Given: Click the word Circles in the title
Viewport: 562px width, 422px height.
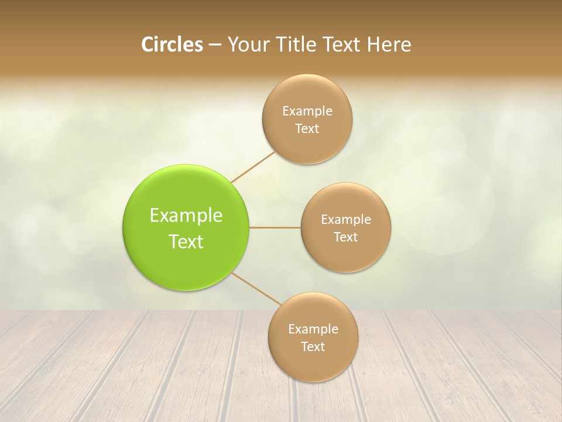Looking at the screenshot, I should [172, 45].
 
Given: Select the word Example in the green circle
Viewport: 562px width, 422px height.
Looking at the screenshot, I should [186, 216].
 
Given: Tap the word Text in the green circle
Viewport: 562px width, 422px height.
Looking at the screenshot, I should [186, 241].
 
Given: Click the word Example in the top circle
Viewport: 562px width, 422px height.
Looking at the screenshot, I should [307, 111].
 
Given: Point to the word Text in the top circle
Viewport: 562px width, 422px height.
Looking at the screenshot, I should [307, 128].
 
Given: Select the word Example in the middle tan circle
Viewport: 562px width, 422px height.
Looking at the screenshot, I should [346, 219].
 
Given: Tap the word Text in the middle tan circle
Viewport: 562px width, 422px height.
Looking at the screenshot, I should [346, 237].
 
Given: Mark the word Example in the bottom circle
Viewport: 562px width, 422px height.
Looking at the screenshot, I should [313, 329].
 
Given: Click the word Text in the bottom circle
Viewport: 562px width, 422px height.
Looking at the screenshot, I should [313, 346].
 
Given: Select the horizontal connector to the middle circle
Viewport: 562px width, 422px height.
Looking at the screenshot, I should [275, 227].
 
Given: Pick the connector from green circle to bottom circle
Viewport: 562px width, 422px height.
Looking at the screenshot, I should [256, 288].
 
